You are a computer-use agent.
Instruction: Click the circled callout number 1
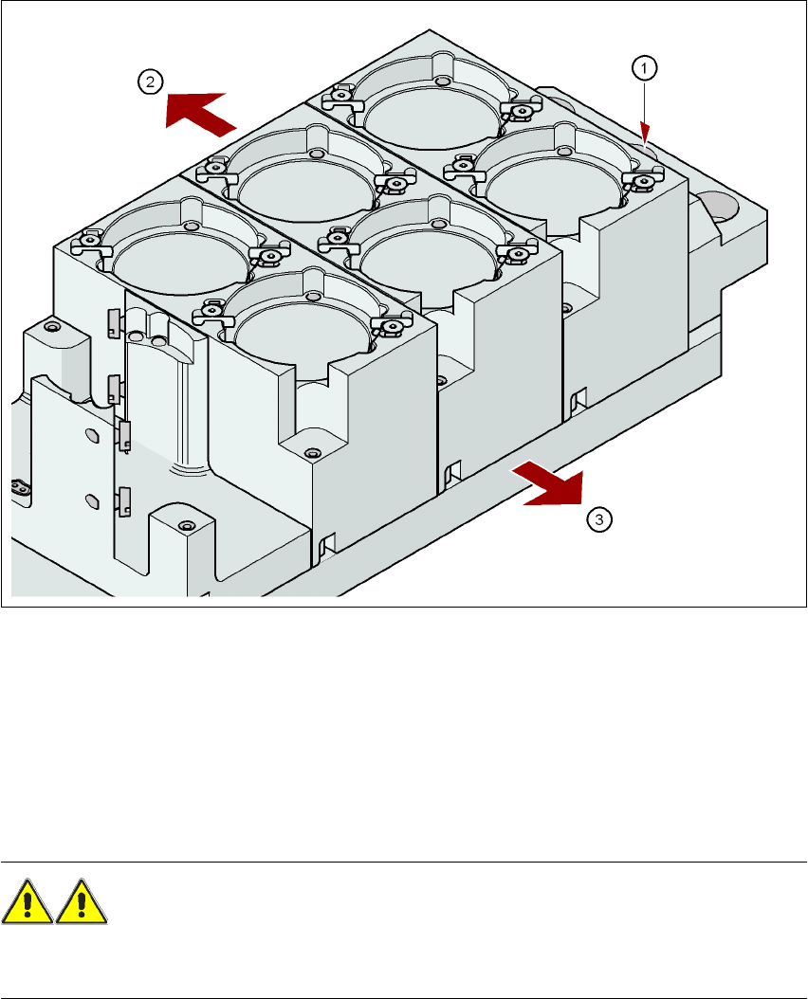tap(644, 67)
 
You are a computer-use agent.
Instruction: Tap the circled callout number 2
tap(151, 82)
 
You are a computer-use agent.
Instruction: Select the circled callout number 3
tap(598, 519)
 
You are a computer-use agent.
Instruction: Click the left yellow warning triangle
tap(27, 902)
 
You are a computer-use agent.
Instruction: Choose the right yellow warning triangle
tap(81, 902)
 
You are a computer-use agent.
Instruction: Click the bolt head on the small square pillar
tap(186, 526)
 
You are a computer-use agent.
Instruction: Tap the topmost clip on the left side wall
tap(113, 320)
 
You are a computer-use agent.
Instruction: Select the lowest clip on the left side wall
tap(124, 500)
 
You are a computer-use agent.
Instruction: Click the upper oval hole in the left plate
tap(91, 434)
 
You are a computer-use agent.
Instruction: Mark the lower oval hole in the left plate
tap(91, 499)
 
